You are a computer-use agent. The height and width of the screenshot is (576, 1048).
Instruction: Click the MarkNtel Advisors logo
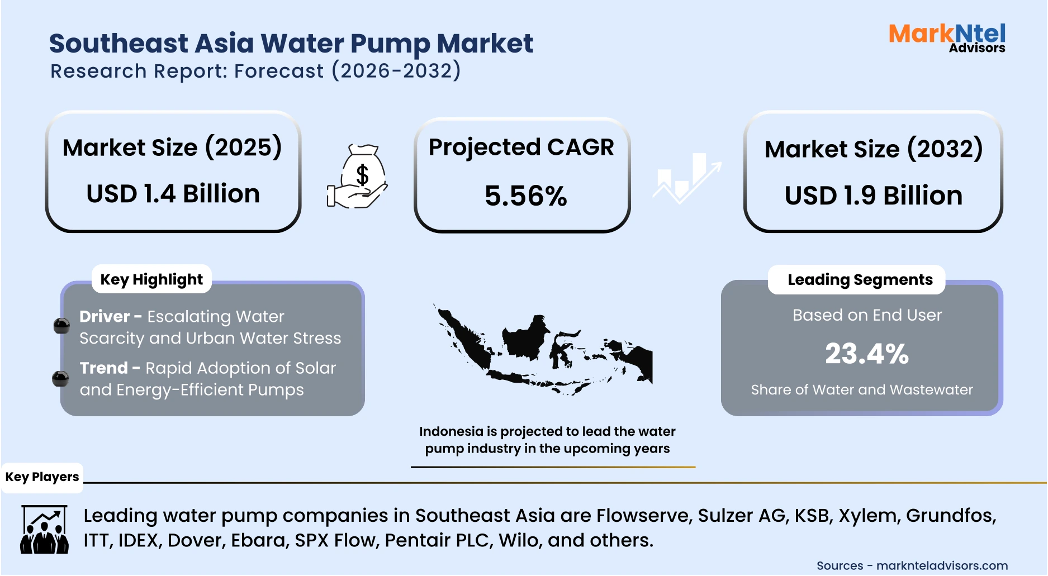[x=947, y=37]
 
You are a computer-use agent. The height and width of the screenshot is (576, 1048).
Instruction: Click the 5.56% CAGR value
[x=525, y=196]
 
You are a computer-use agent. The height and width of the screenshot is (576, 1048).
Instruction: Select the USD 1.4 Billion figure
[x=173, y=194]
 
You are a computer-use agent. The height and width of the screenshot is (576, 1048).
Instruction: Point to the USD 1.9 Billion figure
[x=873, y=196]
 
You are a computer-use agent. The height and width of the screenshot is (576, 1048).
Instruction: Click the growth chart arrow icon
[x=687, y=178]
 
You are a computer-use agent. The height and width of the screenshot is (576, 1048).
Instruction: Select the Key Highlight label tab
[x=151, y=279]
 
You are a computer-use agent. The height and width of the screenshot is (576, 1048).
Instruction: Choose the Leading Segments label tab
[x=860, y=279]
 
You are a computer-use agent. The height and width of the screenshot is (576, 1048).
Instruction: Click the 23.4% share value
[x=867, y=354]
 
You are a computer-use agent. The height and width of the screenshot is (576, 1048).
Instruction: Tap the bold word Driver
[x=105, y=316]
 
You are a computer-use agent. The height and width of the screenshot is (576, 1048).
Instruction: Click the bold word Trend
[x=104, y=368]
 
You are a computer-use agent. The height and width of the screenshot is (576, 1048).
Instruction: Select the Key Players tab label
[x=42, y=477]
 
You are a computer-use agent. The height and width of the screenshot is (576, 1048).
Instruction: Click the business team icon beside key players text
[x=44, y=530]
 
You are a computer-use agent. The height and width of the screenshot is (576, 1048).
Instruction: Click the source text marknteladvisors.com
[x=942, y=565]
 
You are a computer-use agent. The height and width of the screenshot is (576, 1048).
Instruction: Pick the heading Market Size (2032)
[x=873, y=149]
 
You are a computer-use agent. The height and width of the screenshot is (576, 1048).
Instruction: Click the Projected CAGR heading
[x=521, y=147]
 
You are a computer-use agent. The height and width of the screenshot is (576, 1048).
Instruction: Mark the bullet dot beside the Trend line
[x=60, y=379]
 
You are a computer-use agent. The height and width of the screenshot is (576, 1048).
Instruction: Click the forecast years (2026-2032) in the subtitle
[x=396, y=71]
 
